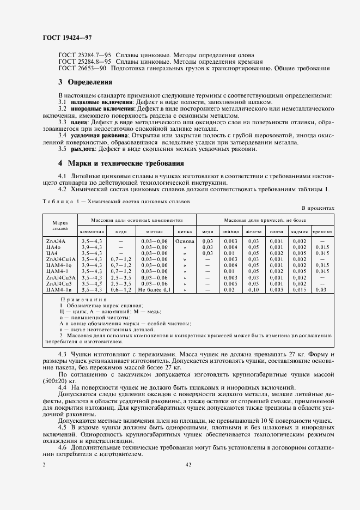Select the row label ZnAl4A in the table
[x=56, y=240]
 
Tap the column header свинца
[x=230, y=232]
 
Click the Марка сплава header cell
[x=59, y=226]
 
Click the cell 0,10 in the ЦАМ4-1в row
[x=253, y=289]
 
